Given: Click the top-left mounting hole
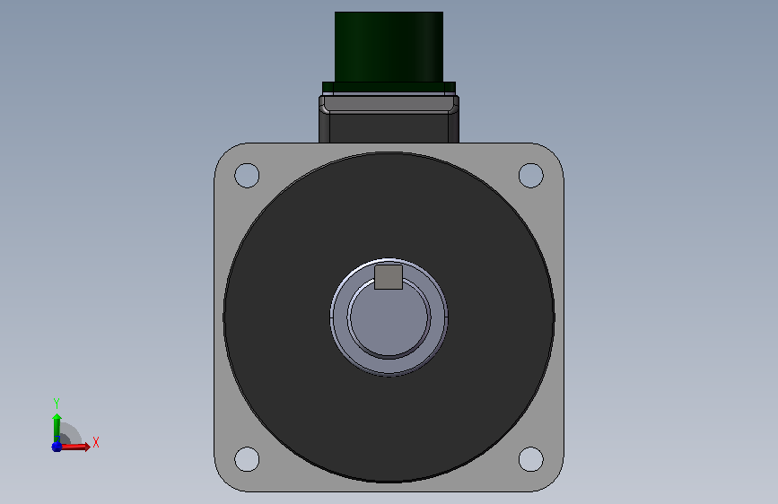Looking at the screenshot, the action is [x=247, y=175].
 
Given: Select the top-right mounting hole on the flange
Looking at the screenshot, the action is [x=531, y=175].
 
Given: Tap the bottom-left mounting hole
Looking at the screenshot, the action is [x=247, y=459].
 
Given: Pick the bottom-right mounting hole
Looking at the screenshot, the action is [x=531, y=459].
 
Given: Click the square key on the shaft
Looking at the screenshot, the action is [x=389, y=277].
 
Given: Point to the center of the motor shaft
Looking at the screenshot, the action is [x=389, y=317].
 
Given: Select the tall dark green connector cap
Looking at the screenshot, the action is [x=389, y=48].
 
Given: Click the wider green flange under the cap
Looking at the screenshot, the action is [x=389, y=88].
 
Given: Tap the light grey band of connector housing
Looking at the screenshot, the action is [x=389, y=104].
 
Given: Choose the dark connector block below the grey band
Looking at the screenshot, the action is [x=389, y=128].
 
